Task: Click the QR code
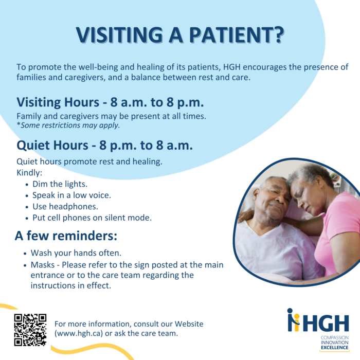(30, 330)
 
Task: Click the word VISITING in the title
(119, 35)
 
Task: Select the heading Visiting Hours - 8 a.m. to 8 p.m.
(110, 102)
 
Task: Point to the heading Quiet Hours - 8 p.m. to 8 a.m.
(105, 146)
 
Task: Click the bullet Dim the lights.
(60, 184)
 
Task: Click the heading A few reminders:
(66, 236)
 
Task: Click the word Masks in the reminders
(43, 265)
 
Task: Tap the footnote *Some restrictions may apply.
(68, 125)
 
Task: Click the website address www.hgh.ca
(78, 333)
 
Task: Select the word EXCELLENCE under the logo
(334, 348)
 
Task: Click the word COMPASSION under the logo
(334, 337)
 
